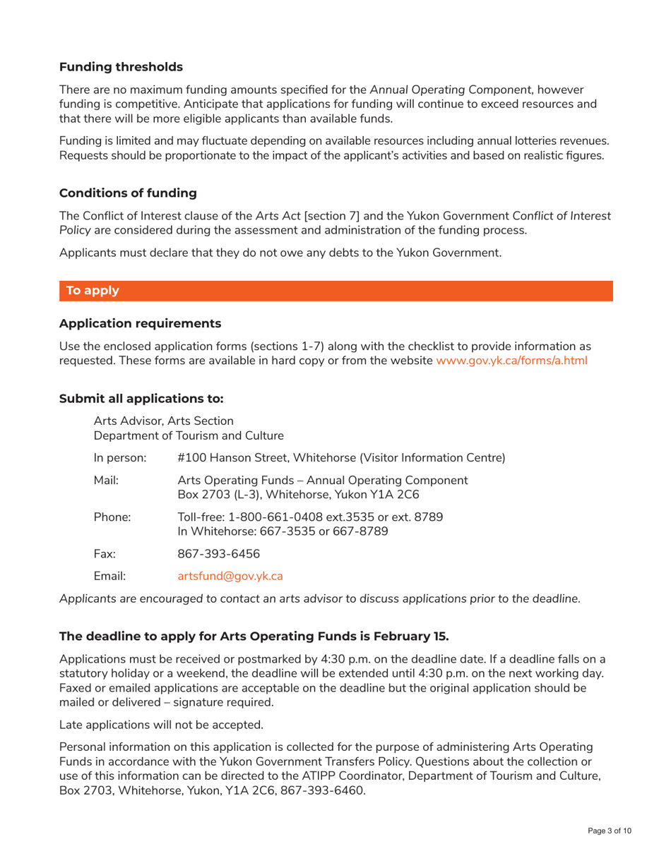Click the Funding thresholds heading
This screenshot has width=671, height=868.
click(121, 68)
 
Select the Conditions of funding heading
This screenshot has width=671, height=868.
click(128, 193)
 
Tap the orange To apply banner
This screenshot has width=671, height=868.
click(335, 291)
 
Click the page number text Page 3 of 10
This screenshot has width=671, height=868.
click(610, 831)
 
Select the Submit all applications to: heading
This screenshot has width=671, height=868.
click(141, 399)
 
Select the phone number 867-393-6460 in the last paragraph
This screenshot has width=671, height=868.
click(330, 790)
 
